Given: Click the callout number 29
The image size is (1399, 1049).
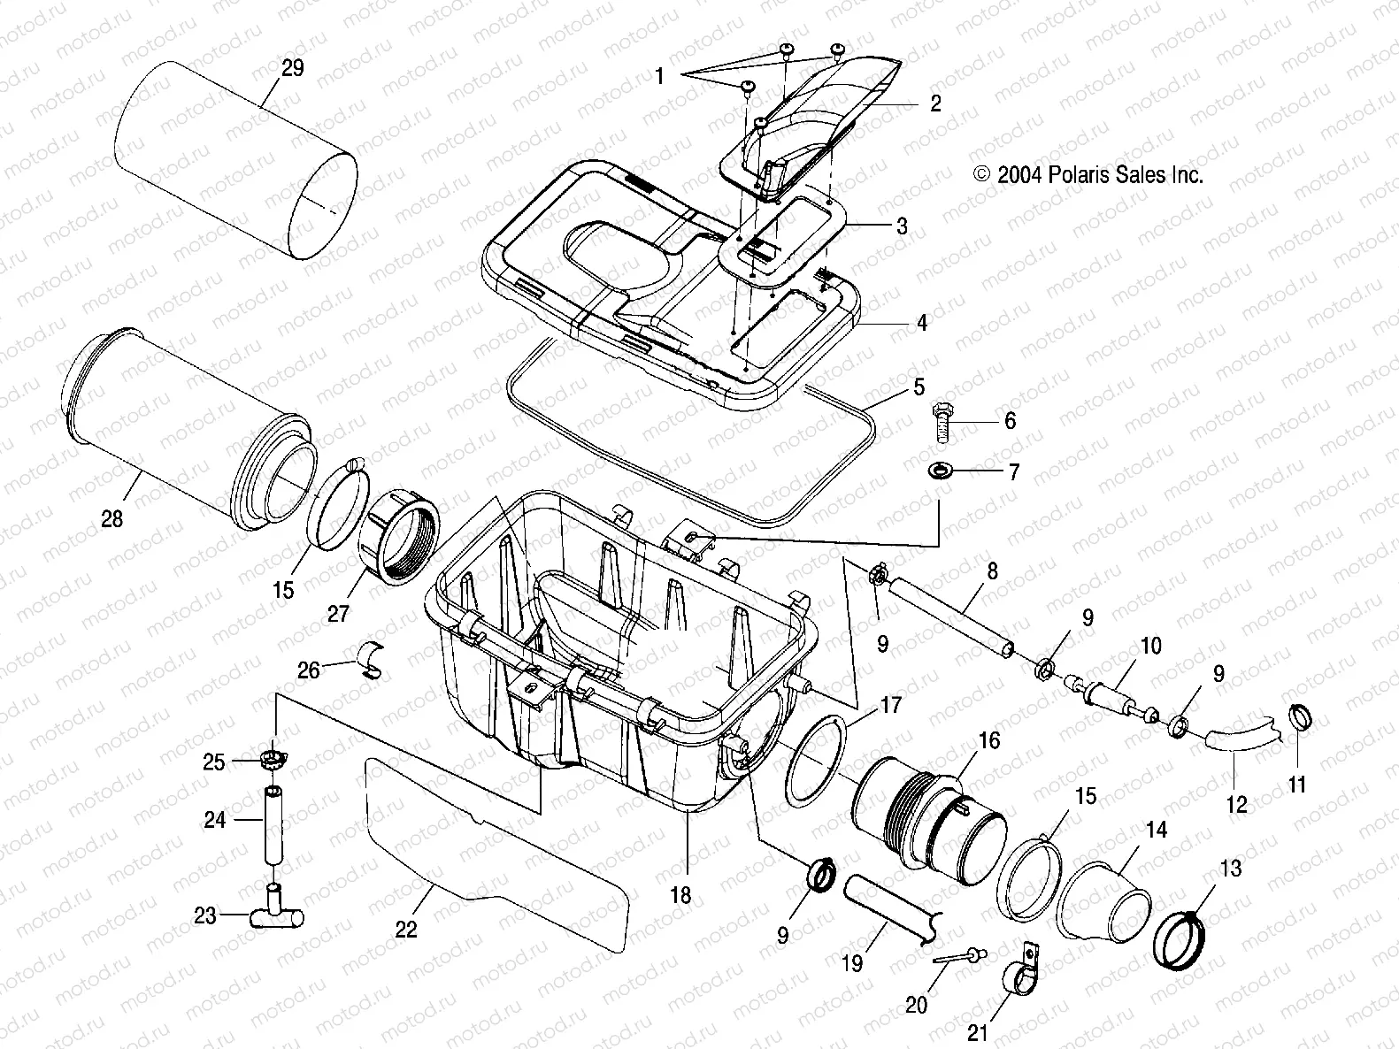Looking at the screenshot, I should [292, 68].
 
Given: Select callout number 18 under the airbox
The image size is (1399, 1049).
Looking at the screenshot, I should [680, 894].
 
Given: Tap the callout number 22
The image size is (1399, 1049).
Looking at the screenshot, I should [406, 929].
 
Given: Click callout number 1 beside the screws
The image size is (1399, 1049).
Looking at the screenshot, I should [659, 76].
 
